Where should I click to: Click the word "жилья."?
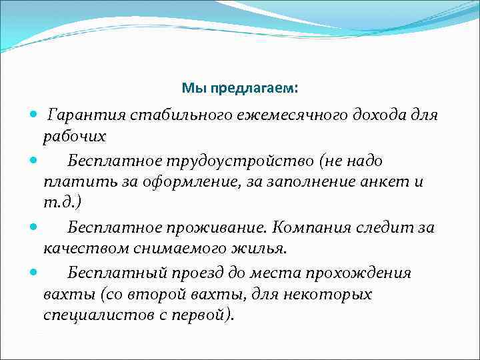point(259,249)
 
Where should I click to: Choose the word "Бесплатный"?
point(110,273)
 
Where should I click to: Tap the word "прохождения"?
point(357,273)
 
